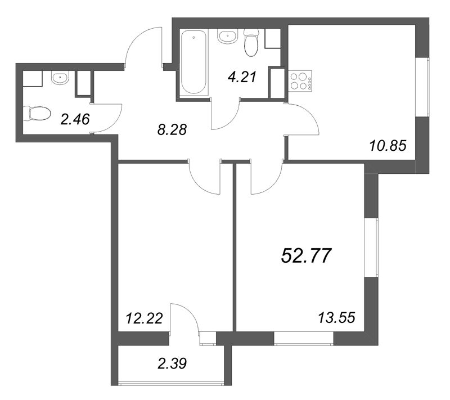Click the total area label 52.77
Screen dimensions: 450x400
[306, 255]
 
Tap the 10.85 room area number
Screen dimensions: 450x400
[388, 146]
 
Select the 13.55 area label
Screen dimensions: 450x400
[336, 318]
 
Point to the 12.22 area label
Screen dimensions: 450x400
[145, 318]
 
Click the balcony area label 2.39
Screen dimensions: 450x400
[172, 363]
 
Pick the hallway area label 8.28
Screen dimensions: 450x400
[172, 130]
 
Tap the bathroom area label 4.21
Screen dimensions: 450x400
[242, 77]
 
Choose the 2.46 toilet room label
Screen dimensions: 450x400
[75, 119]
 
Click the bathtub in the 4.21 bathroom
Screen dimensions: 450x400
[193, 62]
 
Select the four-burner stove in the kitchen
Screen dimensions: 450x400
[301, 81]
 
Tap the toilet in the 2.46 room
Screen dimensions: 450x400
[37, 114]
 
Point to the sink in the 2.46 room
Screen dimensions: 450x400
[60, 78]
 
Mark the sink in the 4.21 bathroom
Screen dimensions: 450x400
[227, 36]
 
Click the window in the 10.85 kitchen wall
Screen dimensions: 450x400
[422, 87]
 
